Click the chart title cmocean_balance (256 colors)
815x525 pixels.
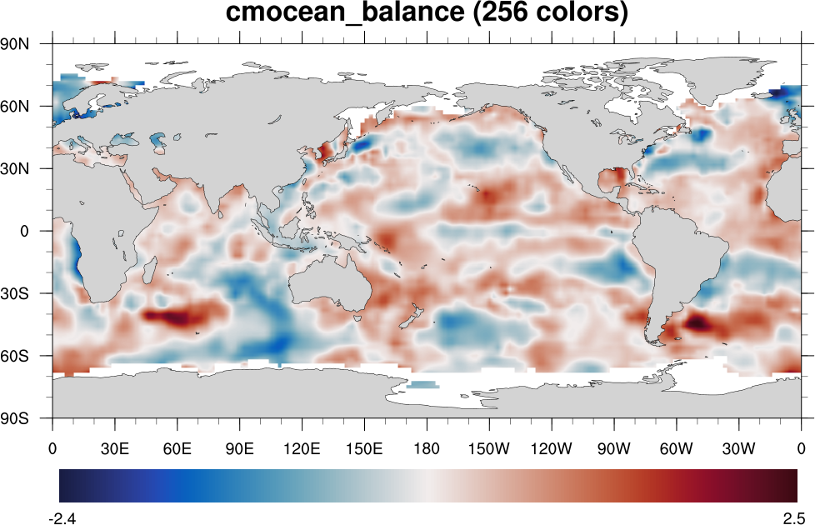[x=426, y=14]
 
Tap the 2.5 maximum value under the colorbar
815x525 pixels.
[x=792, y=517]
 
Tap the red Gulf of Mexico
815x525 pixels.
[x=617, y=177]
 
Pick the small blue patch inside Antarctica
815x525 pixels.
[x=423, y=384]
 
